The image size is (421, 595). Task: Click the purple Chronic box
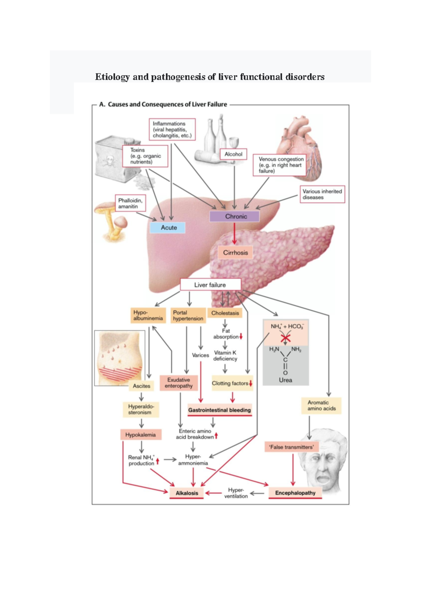tap(234, 216)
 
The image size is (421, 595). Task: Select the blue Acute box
tap(167, 228)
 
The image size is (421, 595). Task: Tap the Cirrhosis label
tap(235, 253)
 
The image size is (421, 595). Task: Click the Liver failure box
tap(210, 285)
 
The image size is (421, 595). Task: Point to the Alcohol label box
tap(233, 154)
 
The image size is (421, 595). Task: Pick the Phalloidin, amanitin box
tap(130, 203)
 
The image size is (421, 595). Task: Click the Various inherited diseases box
tap(322, 194)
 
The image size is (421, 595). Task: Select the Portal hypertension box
tap(188, 315)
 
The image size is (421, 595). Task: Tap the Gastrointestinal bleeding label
tap(219, 410)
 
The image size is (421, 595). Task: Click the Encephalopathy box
tap(295, 493)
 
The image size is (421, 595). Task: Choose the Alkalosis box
tap(187, 493)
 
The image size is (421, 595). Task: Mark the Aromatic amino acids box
tap(321, 406)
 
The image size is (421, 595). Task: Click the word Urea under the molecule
tap(285, 380)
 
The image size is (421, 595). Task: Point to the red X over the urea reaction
tap(286, 338)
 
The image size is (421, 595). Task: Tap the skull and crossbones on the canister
tap(109, 162)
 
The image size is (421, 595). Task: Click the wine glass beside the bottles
tap(233, 142)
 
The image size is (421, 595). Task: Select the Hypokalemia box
tap(140, 435)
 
